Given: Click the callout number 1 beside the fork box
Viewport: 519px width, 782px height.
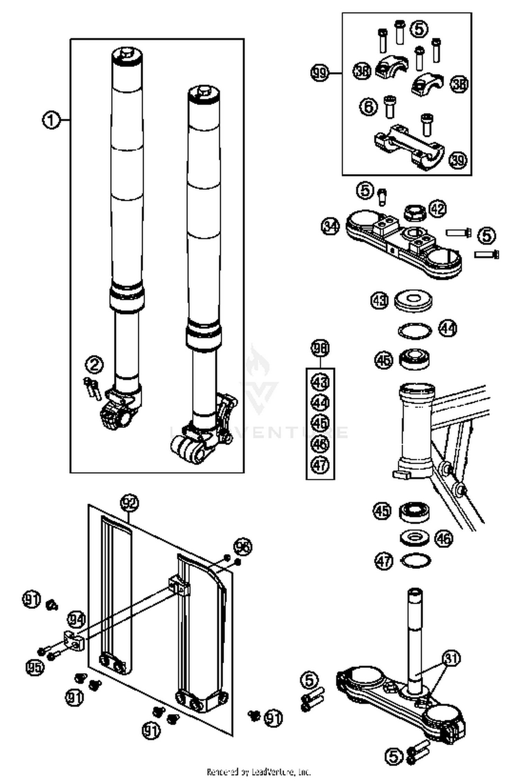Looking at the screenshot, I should [x=51, y=120].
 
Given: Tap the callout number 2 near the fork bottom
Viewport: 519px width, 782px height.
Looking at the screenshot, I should [x=94, y=365].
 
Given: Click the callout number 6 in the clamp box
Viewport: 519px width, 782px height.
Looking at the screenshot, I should [x=369, y=106].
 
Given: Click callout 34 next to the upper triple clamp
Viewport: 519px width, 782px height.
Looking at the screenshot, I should [x=330, y=227].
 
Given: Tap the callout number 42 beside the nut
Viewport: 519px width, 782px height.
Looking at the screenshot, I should [x=438, y=209].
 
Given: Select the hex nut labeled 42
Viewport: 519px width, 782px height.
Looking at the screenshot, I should [x=414, y=211].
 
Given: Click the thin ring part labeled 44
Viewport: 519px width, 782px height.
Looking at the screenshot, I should [x=415, y=330].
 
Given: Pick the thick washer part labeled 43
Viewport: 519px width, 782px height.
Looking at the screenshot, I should [x=414, y=300].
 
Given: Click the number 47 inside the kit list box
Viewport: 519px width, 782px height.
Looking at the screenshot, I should [x=320, y=465].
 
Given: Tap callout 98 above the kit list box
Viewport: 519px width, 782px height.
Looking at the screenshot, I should [x=320, y=348].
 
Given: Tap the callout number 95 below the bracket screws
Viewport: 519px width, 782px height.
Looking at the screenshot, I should [x=35, y=667].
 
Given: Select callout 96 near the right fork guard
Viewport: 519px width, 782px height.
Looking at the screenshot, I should [x=243, y=547].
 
